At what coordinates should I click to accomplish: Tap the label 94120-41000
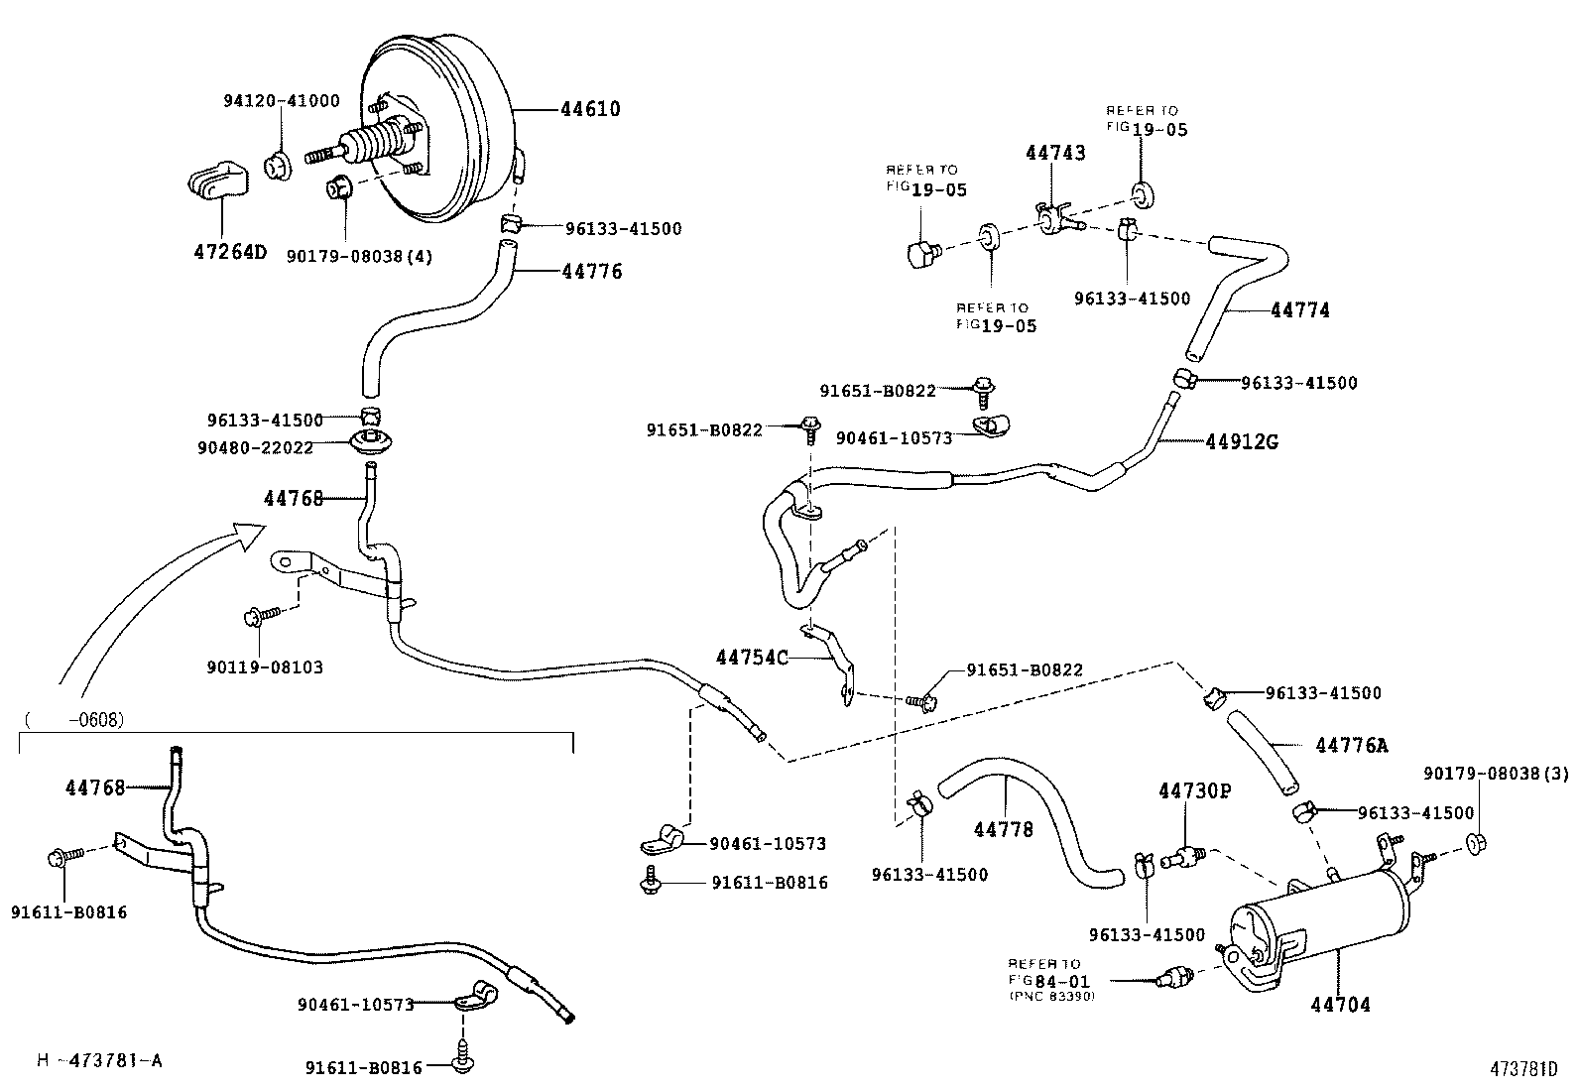(281, 100)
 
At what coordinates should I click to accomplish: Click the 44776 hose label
(591, 271)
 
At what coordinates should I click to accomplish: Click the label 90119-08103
(265, 666)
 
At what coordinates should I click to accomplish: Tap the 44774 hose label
(1299, 310)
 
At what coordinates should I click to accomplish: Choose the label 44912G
(1241, 441)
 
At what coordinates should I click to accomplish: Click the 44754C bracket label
(752, 657)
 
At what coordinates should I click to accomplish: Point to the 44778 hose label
(1003, 828)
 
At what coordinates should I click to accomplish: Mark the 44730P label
(1194, 790)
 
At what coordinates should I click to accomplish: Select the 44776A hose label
(1352, 744)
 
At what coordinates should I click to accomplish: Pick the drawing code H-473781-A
(99, 1060)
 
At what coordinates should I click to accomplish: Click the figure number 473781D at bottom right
(1522, 1069)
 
